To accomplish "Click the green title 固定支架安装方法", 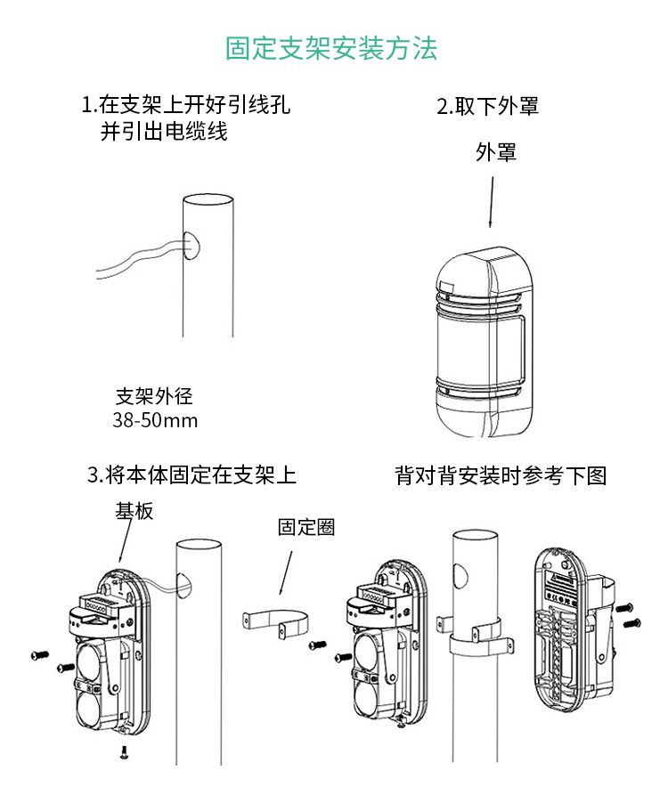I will click(331, 48).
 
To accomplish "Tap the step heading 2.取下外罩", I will click(487, 106).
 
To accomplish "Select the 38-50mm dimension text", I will click(155, 420).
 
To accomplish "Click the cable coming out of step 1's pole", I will click(134, 258).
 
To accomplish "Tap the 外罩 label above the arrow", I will click(496, 152).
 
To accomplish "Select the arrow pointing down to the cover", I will click(491, 200).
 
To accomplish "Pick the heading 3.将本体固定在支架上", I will click(191, 475).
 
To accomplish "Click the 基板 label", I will click(134, 510).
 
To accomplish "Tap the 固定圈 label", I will click(305, 527).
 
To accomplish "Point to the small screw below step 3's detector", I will click(124, 752).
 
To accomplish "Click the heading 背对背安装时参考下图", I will click(501, 475).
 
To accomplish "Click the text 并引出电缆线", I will click(164, 132).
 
